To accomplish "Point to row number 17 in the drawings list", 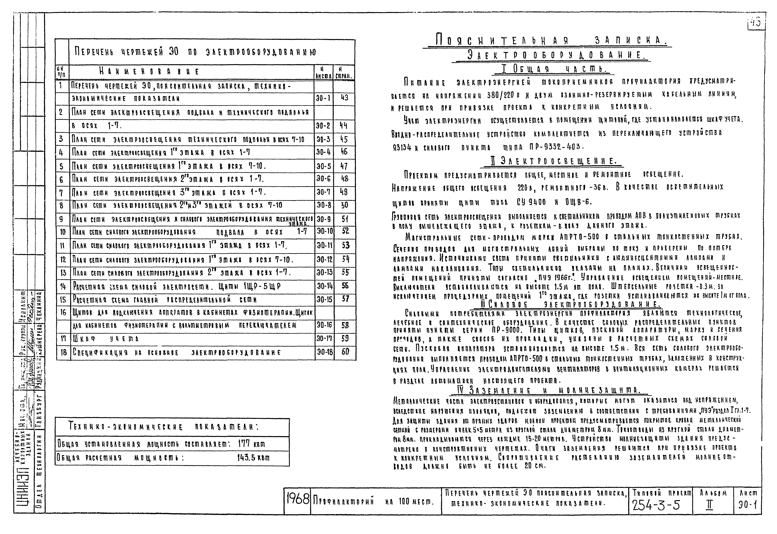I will click(63, 339).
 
